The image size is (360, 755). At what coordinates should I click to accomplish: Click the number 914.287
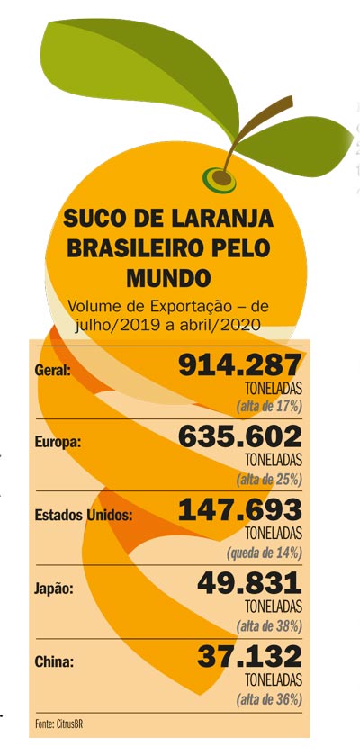point(239,366)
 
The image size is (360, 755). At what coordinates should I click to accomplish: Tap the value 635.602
point(239,438)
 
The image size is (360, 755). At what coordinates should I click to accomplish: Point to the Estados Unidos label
point(84,516)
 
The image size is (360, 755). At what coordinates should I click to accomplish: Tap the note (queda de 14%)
point(265,553)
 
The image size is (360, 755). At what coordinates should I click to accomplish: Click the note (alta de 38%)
point(269,626)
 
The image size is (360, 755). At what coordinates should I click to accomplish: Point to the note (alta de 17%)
point(269,407)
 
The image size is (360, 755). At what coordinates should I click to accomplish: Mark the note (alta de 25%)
point(269,480)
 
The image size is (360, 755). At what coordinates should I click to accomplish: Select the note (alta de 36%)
point(269,699)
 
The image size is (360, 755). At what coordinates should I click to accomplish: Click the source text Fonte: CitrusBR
point(55,724)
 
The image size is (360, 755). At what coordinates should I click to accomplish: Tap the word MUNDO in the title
point(168,278)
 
